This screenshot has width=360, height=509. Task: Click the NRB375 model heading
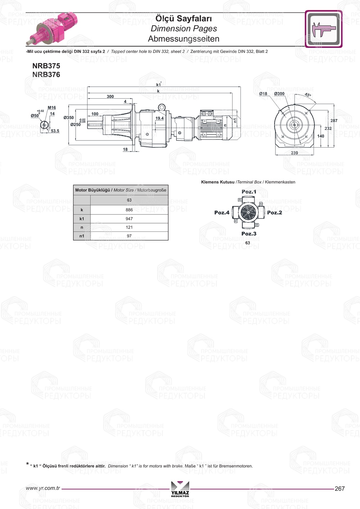[46, 66]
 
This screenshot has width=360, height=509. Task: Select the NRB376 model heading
[46, 75]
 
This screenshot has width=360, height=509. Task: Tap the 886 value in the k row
[129, 210]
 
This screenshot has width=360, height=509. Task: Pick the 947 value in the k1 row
[129, 219]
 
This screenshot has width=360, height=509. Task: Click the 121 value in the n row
[129, 227]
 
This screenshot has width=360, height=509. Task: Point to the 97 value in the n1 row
[129, 236]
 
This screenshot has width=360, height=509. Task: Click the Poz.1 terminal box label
[249, 192]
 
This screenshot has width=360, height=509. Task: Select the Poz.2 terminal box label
[275, 212]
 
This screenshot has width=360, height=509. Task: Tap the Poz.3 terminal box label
[249, 234]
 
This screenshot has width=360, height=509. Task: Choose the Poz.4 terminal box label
[222, 212]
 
